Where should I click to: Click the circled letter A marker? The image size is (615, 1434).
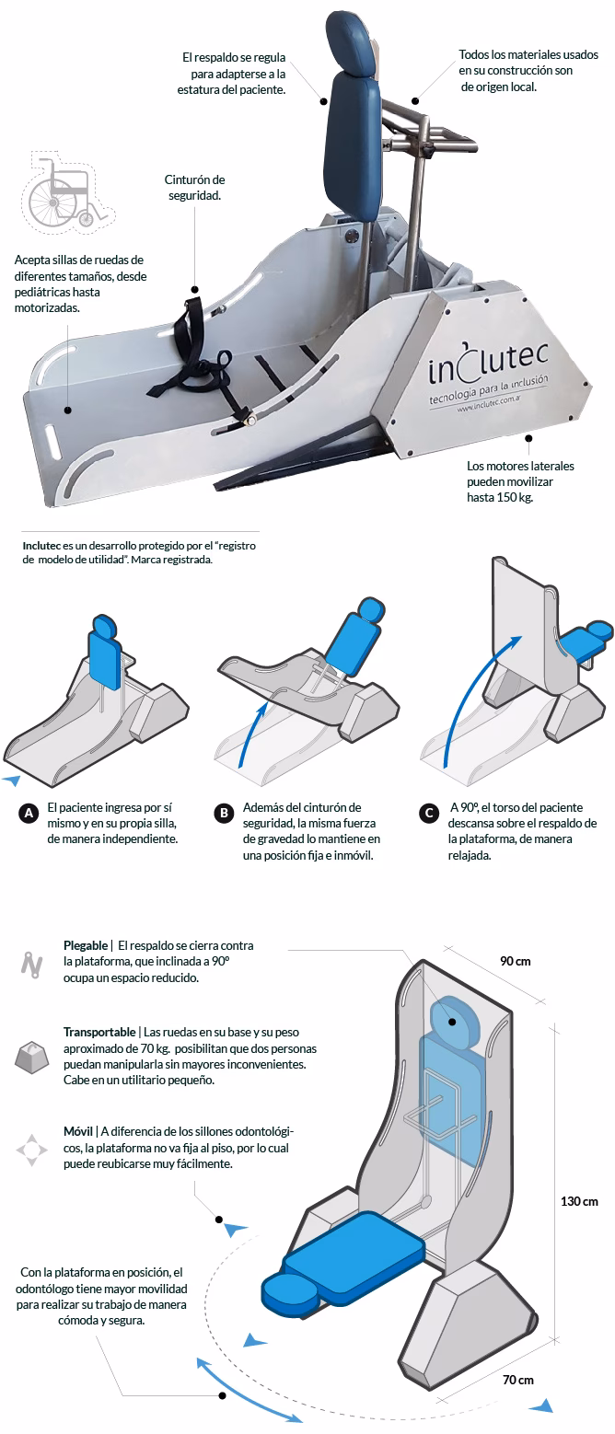pos(29,813)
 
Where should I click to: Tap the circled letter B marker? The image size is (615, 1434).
pos(223,813)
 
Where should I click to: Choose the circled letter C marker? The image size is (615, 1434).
pos(427,813)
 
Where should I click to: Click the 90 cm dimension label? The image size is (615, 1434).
pos(515,961)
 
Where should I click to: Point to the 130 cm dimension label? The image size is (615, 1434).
pos(579,1201)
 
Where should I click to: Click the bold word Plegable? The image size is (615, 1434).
pos(86,945)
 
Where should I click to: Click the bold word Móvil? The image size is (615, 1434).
pos(77,1131)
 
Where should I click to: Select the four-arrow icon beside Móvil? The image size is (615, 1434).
pos(32,1150)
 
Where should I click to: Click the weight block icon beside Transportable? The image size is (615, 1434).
pos(32,1058)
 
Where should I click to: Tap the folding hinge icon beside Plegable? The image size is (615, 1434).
pos(32,962)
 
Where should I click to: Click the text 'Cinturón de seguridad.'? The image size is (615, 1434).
pos(194,188)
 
